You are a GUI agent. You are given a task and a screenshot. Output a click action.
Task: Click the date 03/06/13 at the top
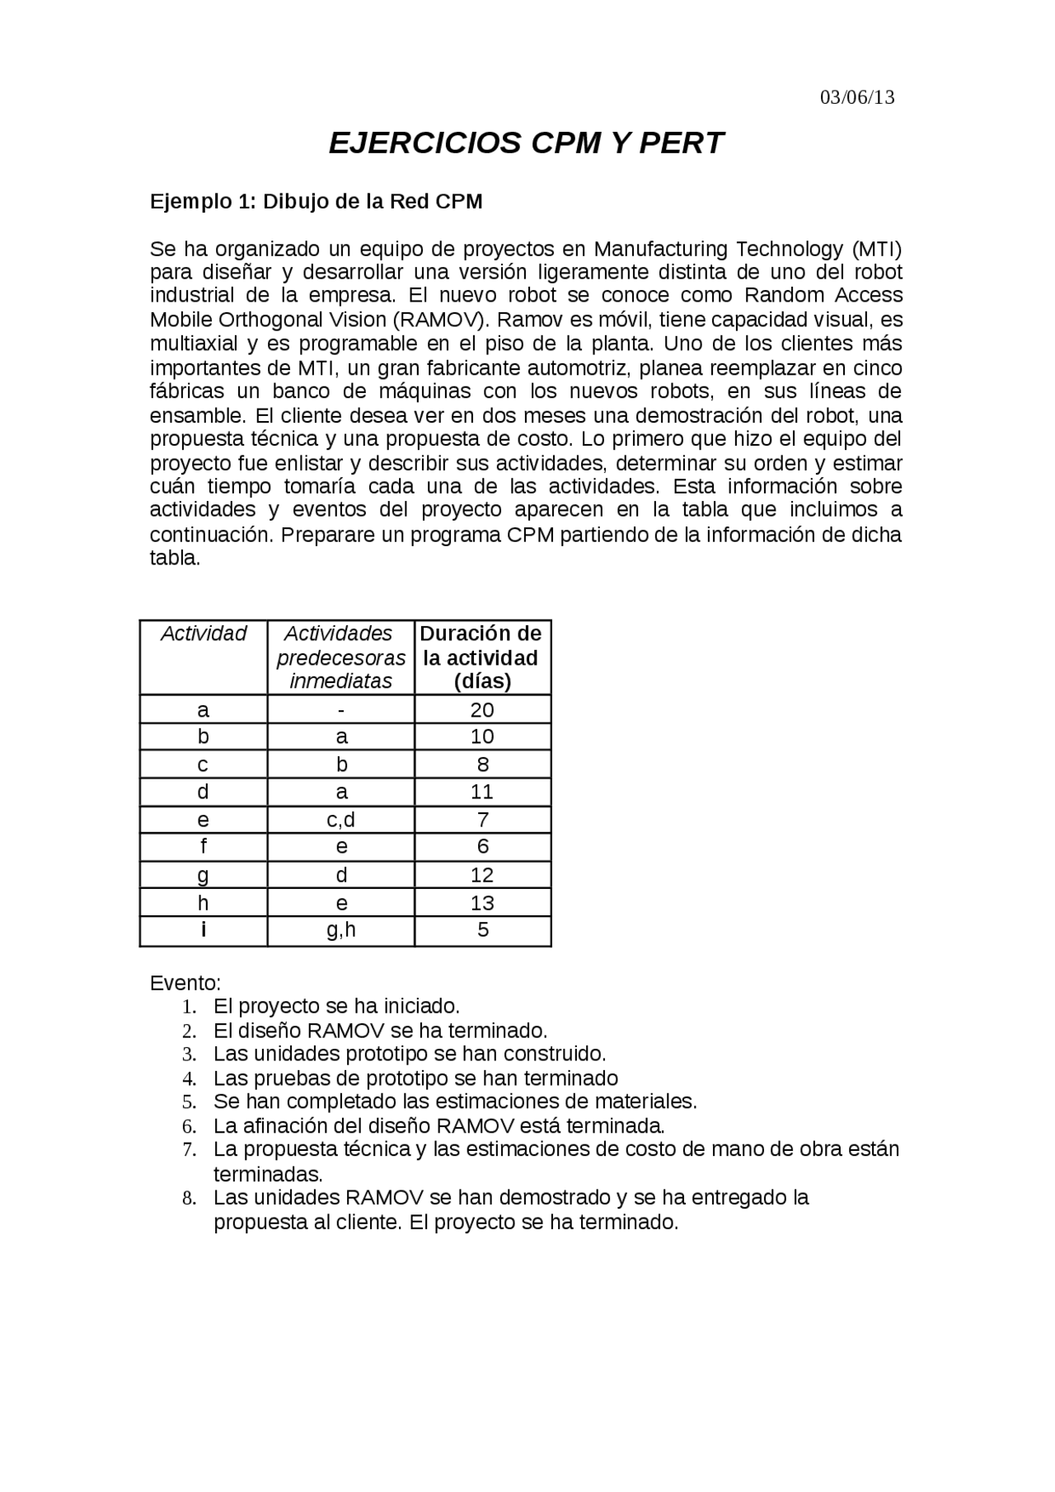pyautogui.click(x=857, y=98)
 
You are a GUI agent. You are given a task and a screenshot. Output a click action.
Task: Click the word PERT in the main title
pyautogui.click(x=681, y=143)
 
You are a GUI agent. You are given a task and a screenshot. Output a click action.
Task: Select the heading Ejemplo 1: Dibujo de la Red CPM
pyautogui.click(x=316, y=202)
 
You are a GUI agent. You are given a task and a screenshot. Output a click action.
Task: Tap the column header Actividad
pyautogui.click(x=204, y=634)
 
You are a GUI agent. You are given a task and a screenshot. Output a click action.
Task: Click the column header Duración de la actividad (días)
pyautogui.click(x=481, y=657)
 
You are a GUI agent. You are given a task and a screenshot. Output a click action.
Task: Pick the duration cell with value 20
pyautogui.click(x=482, y=710)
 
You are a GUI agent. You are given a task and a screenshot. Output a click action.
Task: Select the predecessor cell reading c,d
pyautogui.click(x=341, y=820)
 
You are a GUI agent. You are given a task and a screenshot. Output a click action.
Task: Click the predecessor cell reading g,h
pyautogui.click(x=341, y=930)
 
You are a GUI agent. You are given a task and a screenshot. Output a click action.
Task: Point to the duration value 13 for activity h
pyautogui.click(x=482, y=902)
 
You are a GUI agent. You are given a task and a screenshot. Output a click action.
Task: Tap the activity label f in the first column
pyautogui.click(x=204, y=847)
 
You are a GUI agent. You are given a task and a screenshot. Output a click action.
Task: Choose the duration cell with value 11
pyautogui.click(x=482, y=792)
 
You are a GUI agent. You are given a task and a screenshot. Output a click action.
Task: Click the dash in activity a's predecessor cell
pyautogui.click(x=341, y=710)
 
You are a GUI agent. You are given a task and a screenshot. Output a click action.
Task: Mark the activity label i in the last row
pyautogui.click(x=204, y=930)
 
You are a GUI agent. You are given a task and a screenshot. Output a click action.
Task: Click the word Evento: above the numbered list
pyautogui.click(x=185, y=984)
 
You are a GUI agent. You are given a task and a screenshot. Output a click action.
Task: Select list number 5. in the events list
pyautogui.click(x=190, y=1102)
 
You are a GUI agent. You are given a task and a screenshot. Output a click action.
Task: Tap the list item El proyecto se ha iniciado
pyautogui.click(x=336, y=1007)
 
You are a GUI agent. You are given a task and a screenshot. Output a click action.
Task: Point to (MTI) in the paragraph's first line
pyautogui.click(x=877, y=249)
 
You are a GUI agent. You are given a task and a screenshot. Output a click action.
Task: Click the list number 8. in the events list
pyautogui.click(x=190, y=1198)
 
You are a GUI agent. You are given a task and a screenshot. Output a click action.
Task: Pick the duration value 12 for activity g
pyautogui.click(x=482, y=875)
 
